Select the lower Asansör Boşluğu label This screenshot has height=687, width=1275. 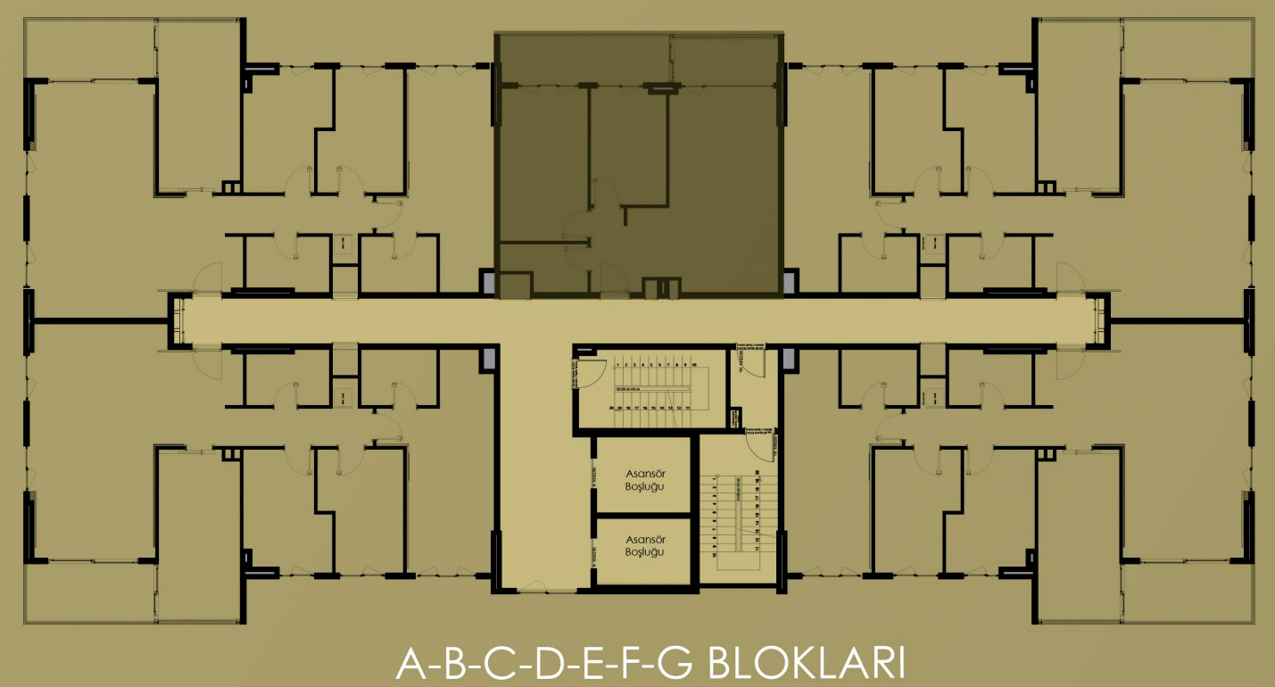[x=643, y=546]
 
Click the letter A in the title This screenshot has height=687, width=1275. [x=409, y=665]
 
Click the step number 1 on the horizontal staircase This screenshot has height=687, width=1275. [x=617, y=365]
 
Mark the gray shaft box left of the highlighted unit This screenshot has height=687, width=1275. [x=488, y=283]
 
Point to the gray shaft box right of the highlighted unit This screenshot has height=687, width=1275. [x=791, y=283]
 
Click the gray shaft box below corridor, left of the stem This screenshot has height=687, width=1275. [x=488, y=360]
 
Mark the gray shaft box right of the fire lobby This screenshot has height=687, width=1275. [x=789, y=359]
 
